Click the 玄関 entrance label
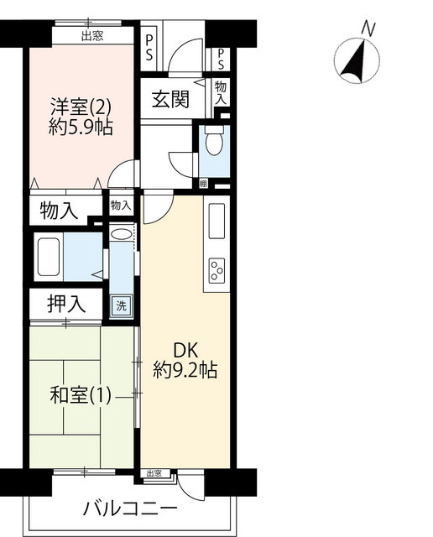pos(170,99)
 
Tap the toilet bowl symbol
pos(215,140)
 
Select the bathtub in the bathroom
pos(49,257)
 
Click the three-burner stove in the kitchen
pos(216,270)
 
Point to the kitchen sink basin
pos(216,221)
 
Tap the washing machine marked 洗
pos(121,305)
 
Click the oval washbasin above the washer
pos(122,234)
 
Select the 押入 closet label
pos(66,304)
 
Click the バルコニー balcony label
pos(130,508)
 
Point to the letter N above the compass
pos(368,29)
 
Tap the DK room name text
pos(185,351)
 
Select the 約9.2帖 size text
pos(185,370)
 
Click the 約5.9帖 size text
pos(81,128)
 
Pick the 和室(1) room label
pos(81,395)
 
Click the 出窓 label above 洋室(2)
pos(92,35)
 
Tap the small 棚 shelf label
pos(203,185)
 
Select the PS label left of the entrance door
pos(149,48)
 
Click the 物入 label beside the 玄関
pos(221,92)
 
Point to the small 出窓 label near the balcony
pos(154,473)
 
